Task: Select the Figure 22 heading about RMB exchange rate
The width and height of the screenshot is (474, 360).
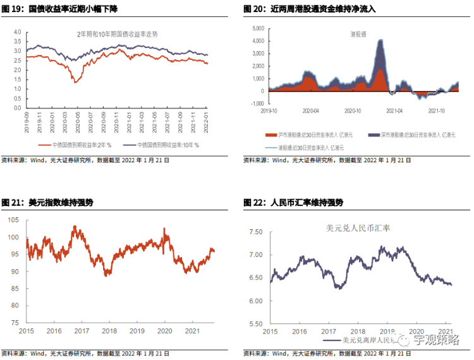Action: pos(293,203)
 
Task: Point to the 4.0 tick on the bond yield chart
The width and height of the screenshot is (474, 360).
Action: pos(17,32)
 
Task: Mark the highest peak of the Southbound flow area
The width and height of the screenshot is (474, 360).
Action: pos(380,40)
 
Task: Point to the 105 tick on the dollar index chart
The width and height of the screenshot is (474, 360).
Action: pos(15,220)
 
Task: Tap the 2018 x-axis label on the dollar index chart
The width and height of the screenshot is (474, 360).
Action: pos(109,330)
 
